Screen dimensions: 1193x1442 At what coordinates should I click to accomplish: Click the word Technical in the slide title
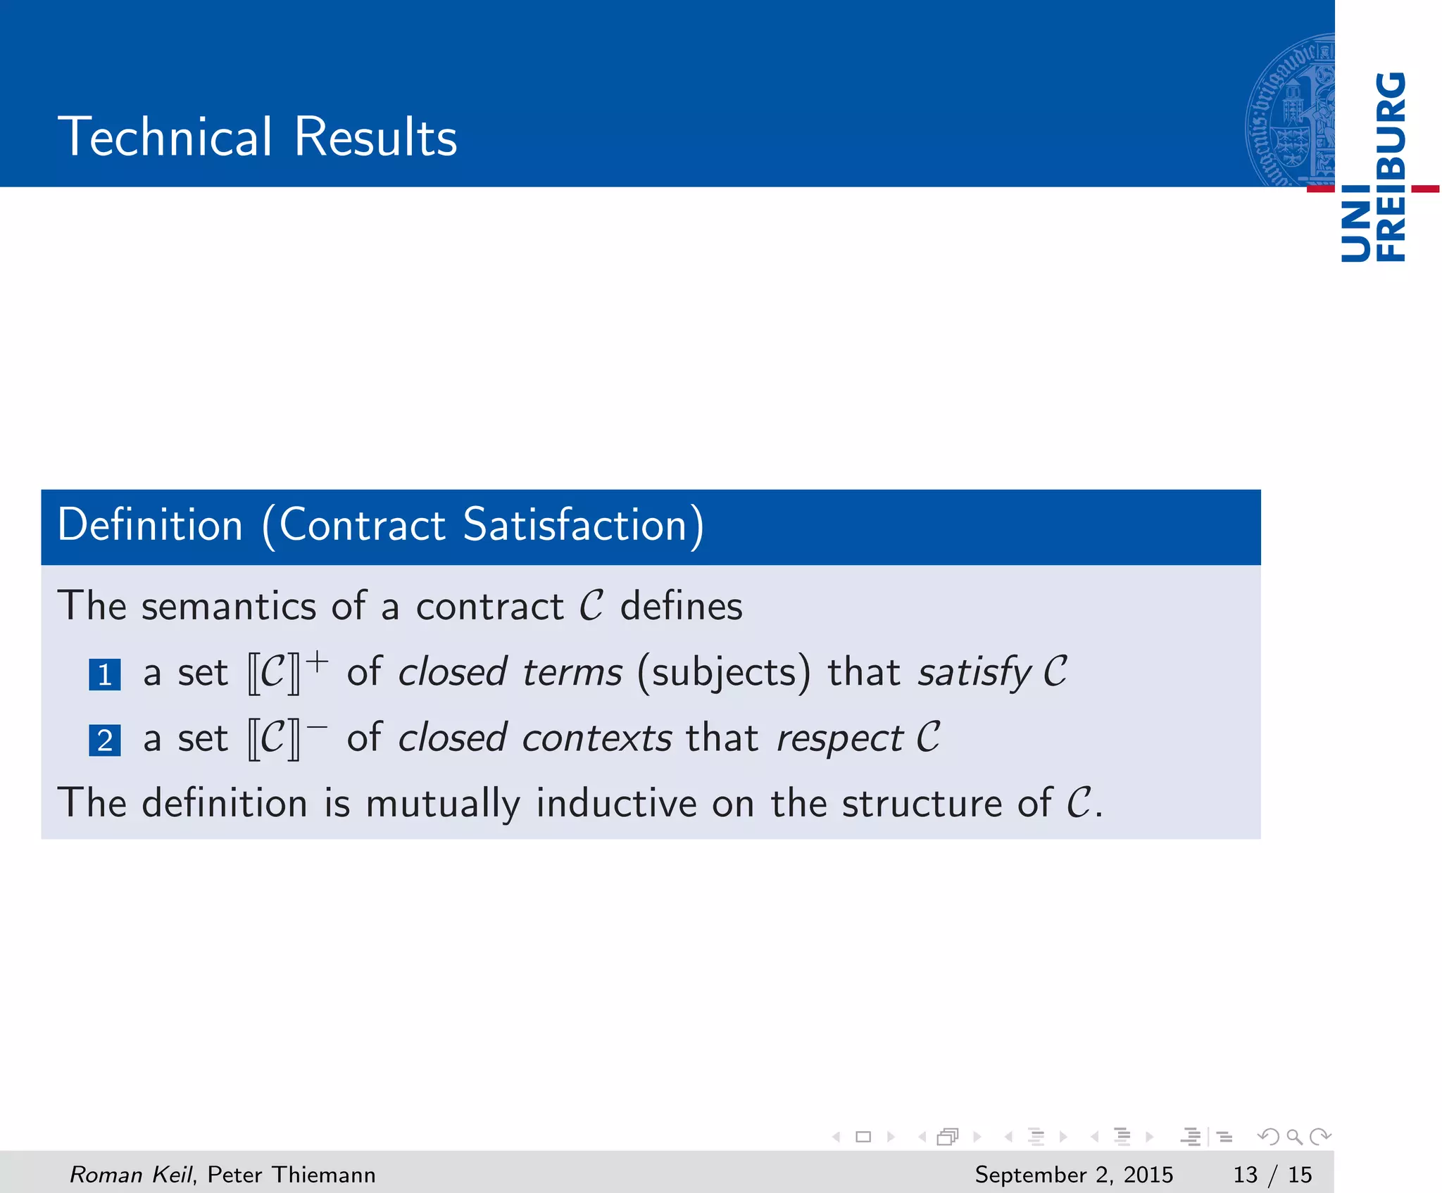165,137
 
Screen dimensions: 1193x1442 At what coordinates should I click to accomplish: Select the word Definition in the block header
150,525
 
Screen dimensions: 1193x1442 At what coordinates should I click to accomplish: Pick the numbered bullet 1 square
105,674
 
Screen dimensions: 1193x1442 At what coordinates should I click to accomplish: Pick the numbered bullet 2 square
105,740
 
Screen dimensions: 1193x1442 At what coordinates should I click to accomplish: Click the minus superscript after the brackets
317,726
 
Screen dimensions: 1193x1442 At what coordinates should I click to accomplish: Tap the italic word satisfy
974,673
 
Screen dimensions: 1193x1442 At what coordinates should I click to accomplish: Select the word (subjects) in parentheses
724,673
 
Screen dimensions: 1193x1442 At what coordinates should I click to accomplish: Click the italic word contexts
597,739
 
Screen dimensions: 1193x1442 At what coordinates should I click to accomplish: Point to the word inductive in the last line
616,804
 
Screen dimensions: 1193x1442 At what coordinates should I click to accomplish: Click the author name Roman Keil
130,1174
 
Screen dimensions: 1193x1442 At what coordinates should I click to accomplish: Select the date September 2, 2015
1074,1174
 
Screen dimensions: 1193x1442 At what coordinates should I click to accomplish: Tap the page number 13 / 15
1272,1174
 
